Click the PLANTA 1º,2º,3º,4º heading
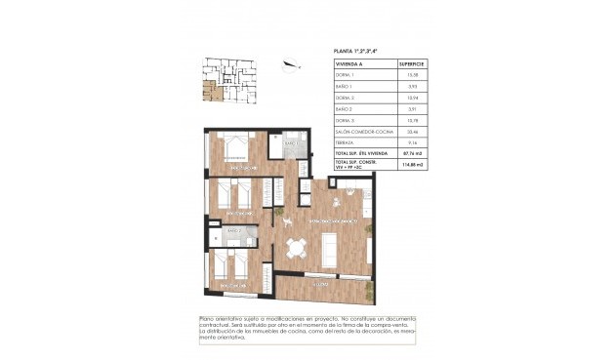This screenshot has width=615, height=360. click(361, 50)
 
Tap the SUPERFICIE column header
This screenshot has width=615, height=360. click(413, 64)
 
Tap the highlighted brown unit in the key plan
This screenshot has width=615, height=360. click(207, 94)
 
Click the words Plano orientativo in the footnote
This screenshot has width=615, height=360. click(223, 319)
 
